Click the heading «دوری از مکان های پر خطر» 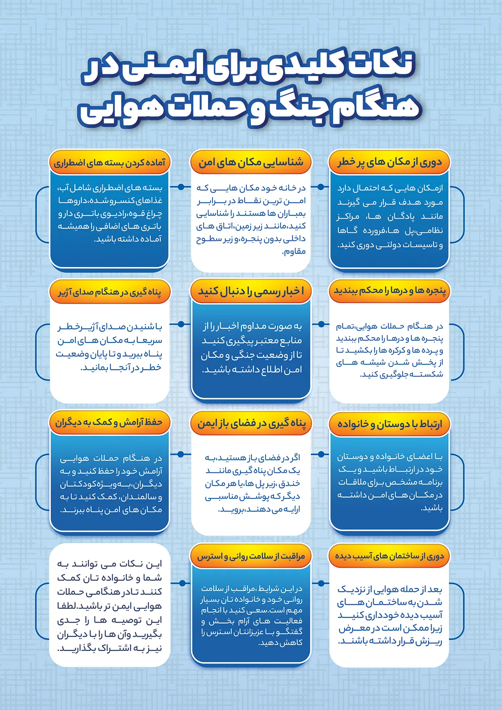click(x=389, y=162)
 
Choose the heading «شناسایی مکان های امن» click(x=251, y=162)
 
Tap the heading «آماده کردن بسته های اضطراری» click(x=110, y=163)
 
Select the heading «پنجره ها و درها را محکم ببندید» click(x=389, y=291)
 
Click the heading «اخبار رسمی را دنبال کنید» click(x=251, y=291)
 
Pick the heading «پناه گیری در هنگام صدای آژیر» click(x=110, y=292)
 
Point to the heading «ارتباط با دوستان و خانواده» click(x=389, y=423)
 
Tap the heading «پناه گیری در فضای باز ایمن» click(x=251, y=423)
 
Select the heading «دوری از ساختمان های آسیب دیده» click(x=389, y=556)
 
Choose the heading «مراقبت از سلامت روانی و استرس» click(x=251, y=557)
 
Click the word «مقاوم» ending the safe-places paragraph click(x=294, y=252)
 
